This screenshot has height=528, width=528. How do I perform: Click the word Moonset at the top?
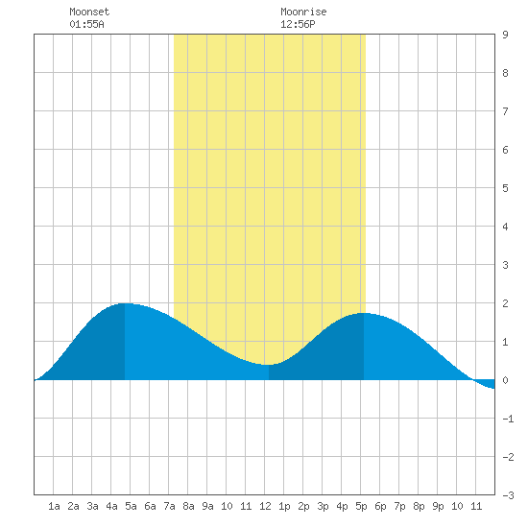pyautogui.click(x=89, y=12)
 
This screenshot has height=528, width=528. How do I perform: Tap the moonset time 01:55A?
pyautogui.click(x=86, y=24)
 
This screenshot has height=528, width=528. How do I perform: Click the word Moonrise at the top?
pyautogui.click(x=303, y=12)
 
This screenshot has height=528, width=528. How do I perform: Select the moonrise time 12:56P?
pyautogui.click(x=298, y=24)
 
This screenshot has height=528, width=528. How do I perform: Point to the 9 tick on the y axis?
pyautogui.click(x=505, y=35)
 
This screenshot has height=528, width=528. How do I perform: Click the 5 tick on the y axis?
pyautogui.click(x=505, y=188)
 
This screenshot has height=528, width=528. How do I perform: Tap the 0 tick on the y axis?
pyautogui.click(x=505, y=380)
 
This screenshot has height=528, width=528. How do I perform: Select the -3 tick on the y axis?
pyautogui.click(x=508, y=495)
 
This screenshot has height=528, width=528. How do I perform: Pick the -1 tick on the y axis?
pyautogui.click(x=508, y=419)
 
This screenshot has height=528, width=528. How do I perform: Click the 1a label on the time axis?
pyautogui.click(x=54, y=506)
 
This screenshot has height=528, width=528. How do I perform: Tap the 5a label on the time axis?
pyautogui.click(x=131, y=506)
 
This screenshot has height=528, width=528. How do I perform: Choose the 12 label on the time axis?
pyautogui.click(x=265, y=506)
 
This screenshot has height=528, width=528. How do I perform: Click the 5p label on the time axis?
pyautogui.click(x=361, y=506)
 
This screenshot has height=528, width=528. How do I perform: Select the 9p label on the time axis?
pyautogui.click(x=438, y=506)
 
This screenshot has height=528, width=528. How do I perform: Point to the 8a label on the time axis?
pyautogui.click(x=188, y=506)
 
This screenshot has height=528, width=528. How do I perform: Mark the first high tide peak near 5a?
pyautogui.click(x=125, y=303)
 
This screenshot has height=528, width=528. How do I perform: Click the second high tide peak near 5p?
pyautogui.click(x=364, y=313)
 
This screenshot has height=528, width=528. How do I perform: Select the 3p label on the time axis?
pyautogui.click(x=323, y=506)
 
